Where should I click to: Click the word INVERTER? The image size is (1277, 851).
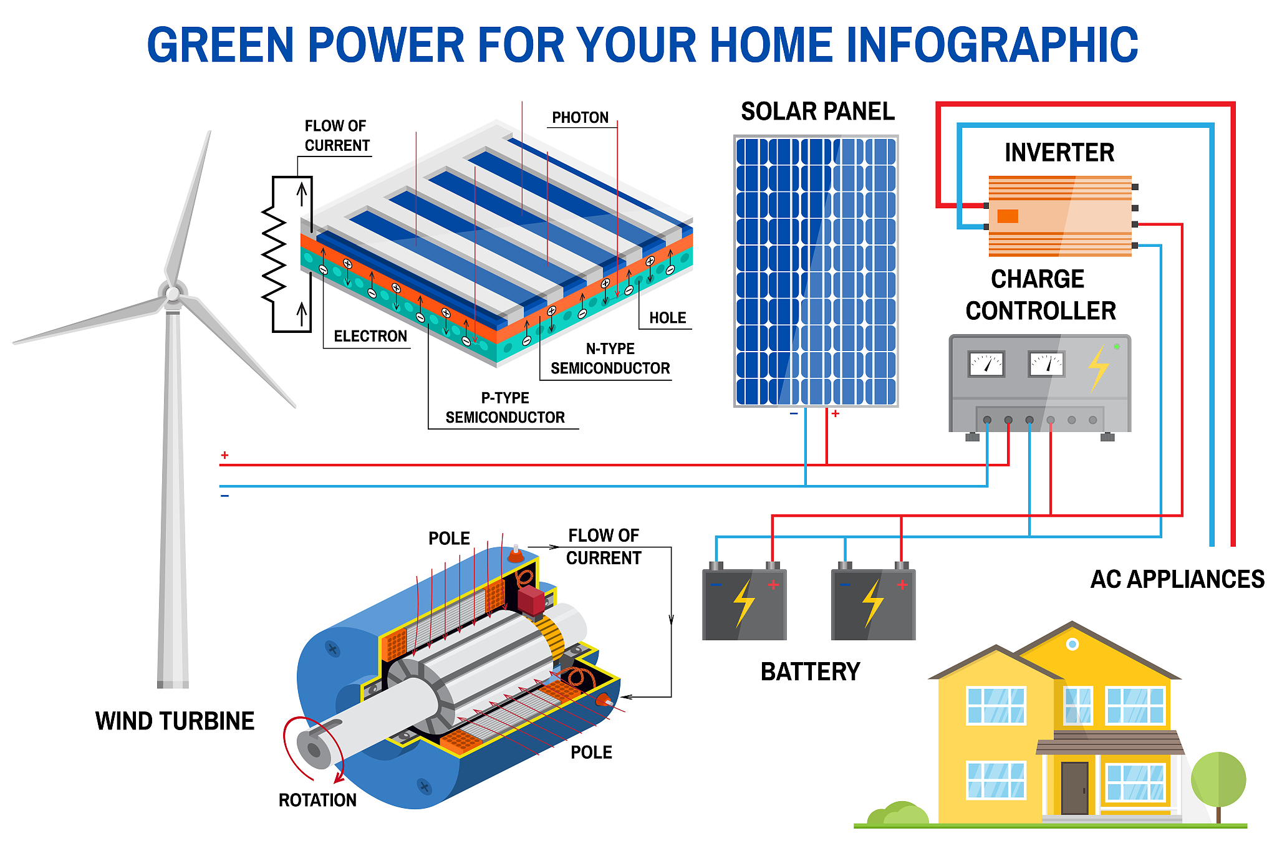click(x=1059, y=153)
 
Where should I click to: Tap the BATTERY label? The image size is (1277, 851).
click(x=810, y=672)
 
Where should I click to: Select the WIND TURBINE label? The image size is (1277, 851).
click(x=175, y=721)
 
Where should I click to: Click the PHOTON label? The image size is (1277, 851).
click(x=581, y=118)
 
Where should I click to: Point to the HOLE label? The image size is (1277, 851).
click(x=667, y=318)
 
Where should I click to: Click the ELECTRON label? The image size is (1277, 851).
click(x=370, y=337)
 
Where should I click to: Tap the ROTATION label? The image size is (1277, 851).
click(x=317, y=801)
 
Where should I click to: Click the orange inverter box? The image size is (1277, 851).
click(x=1060, y=216)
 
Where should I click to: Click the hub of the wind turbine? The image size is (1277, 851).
click(x=173, y=294)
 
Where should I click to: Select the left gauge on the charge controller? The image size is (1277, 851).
click(x=986, y=364)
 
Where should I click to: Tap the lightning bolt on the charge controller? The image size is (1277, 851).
click(x=1099, y=368)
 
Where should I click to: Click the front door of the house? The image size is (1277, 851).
click(x=1074, y=788)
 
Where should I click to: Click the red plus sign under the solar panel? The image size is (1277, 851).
click(x=836, y=413)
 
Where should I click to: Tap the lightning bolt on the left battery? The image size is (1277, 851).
click(x=744, y=603)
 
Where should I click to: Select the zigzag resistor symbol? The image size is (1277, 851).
click(x=273, y=254)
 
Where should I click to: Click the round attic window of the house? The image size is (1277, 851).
click(x=1072, y=644)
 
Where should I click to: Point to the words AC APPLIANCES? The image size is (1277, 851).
click(x=1177, y=580)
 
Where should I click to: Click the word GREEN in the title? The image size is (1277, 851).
click(x=220, y=45)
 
